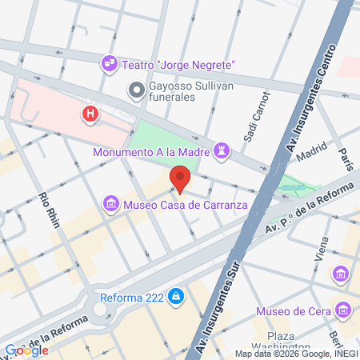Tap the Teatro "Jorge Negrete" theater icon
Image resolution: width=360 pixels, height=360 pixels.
tap(109, 62)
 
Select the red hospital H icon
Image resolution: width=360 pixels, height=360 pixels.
tap(90, 114)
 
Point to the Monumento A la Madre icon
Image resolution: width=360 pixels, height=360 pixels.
tap(222, 150)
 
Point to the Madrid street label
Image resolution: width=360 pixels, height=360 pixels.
tap(313, 151)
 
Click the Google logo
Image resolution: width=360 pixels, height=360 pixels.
tap(26, 350)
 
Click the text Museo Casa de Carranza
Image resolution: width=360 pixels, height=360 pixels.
tap(186, 205)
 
